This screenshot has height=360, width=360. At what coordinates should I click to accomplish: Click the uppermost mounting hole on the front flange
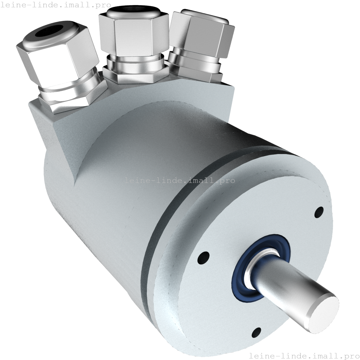point(319,212)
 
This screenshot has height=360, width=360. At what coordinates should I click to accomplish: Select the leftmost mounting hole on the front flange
point(203,258)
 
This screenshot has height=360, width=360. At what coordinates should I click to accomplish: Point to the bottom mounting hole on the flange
point(256,333)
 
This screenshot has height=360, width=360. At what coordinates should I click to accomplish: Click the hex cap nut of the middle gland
point(134,32)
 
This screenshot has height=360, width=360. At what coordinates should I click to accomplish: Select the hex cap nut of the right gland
point(202,34)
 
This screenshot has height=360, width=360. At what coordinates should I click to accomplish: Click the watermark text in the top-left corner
point(55,5)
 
